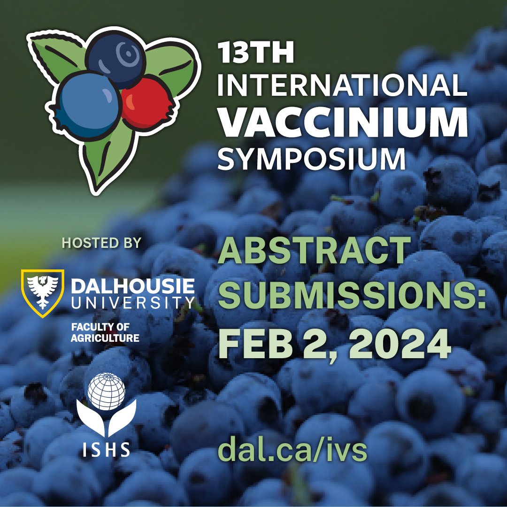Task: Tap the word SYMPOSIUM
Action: tap(311, 158)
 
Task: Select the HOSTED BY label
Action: tap(102, 243)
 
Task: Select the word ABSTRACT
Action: tap(314, 251)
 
